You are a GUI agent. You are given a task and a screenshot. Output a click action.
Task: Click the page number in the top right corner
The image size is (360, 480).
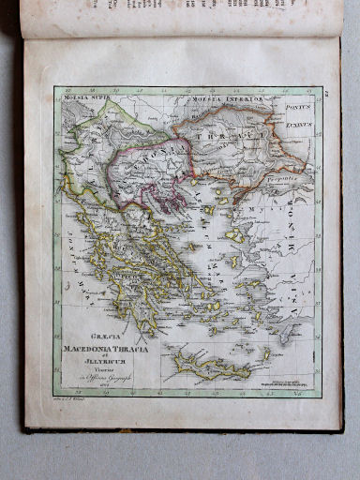click(326, 92)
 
